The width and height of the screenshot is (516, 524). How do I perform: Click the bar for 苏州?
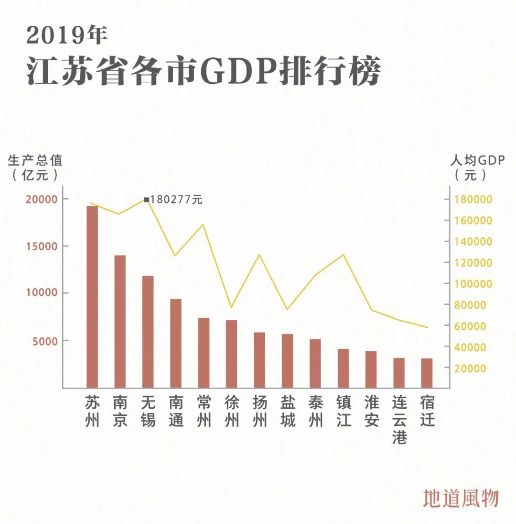(x=92, y=297)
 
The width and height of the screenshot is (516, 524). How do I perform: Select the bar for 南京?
(x=120, y=321)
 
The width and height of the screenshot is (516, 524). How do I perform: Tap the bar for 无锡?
(x=148, y=332)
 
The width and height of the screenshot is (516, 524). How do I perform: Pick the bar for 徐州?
(x=231, y=354)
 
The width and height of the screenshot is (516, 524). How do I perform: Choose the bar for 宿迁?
(x=427, y=373)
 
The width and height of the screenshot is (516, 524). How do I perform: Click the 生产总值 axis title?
(x=35, y=160)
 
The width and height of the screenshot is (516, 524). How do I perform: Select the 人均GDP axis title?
(x=477, y=160)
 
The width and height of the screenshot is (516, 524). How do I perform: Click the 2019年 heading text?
(x=67, y=35)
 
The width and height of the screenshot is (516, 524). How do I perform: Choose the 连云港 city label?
(x=399, y=419)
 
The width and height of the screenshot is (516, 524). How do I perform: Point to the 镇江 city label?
(x=344, y=411)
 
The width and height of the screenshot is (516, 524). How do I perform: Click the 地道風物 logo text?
(x=461, y=498)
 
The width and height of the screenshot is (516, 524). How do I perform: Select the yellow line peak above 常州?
(x=204, y=224)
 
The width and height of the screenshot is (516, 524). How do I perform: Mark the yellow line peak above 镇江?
(x=343, y=255)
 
